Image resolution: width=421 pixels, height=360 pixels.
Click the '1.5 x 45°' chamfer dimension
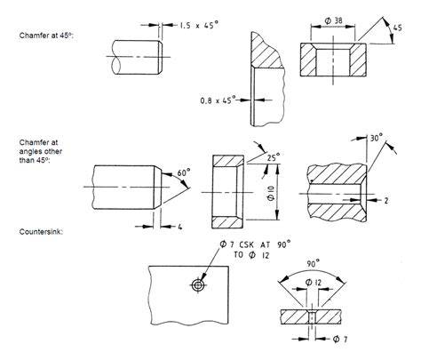click(x=199, y=25)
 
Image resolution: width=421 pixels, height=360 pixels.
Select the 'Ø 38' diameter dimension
click(x=333, y=20)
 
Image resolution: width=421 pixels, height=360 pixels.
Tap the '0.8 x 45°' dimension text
click(x=218, y=100)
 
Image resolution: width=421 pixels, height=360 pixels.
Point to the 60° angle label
click(x=184, y=172)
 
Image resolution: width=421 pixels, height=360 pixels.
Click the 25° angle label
click(x=274, y=157)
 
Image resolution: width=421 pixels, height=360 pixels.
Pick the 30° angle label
click(x=377, y=138)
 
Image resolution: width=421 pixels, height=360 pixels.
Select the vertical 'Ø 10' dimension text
click(x=271, y=192)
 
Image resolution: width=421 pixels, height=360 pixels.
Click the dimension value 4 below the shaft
click(x=180, y=227)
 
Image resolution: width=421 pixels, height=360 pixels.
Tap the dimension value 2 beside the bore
click(x=386, y=201)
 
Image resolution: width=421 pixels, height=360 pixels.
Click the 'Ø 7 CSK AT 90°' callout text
click(x=255, y=244)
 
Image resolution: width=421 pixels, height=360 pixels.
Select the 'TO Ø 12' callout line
click(x=252, y=255)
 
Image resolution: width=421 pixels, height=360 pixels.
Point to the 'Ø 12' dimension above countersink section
click(x=314, y=283)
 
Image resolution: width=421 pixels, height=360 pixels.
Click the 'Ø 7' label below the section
click(x=340, y=339)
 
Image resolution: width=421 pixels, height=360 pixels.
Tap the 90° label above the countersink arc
click(x=313, y=263)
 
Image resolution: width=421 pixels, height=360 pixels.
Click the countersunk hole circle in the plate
click(x=197, y=285)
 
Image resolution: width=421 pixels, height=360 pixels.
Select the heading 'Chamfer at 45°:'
click(x=46, y=36)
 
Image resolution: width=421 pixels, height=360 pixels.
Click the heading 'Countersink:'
click(x=41, y=232)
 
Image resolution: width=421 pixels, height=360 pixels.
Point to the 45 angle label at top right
click(x=398, y=28)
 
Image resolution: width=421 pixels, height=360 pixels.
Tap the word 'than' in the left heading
click(x=27, y=160)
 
